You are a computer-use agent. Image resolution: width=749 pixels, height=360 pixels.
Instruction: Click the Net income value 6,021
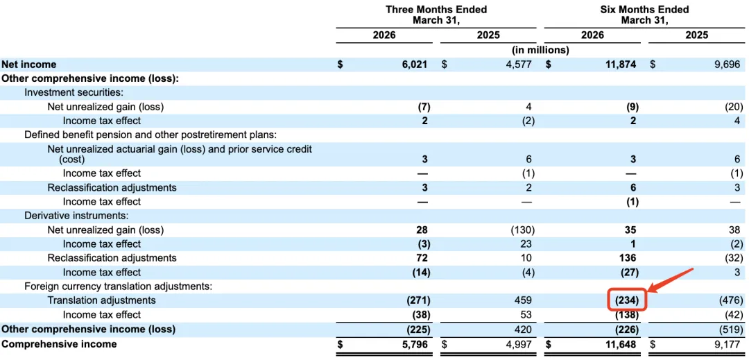pos(415,65)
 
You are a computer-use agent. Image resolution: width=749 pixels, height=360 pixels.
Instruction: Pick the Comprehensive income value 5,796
pos(415,344)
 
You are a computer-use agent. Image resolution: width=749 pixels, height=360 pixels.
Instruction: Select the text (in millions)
pos(540,50)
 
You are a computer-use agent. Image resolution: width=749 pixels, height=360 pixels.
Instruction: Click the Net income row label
pos(29,65)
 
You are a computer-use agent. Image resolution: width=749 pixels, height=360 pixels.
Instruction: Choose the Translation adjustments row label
pos(102,300)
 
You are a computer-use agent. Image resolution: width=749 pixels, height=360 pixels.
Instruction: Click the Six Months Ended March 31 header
pos(644,15)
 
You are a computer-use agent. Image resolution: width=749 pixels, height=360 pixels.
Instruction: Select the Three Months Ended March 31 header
pos(436,15)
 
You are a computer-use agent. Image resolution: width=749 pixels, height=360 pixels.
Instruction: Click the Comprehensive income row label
pos(59,344)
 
